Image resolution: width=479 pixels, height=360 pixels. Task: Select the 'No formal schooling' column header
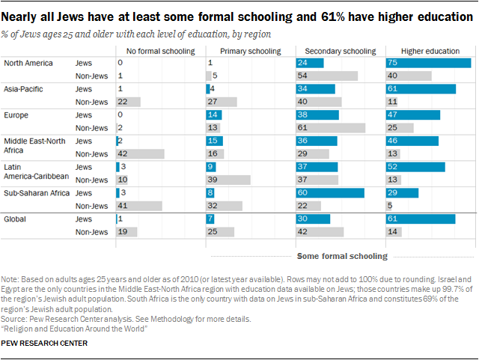coord(160,51)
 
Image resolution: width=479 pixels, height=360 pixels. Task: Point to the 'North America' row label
coord(28,63)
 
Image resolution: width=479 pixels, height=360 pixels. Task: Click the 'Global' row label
coord(16,219)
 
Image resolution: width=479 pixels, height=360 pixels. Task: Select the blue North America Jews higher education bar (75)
coord(428,63)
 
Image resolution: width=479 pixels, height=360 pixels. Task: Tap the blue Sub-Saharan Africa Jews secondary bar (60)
coord(330,192)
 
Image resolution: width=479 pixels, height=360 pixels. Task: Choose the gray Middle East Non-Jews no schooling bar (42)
coord(140,153)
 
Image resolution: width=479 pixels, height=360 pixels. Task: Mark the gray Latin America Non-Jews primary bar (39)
coord(228,180)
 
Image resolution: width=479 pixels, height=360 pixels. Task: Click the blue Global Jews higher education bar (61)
coord(421,219)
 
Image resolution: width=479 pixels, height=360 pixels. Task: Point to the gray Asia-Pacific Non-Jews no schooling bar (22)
coord(128,102)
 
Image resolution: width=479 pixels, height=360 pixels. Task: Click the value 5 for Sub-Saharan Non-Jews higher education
coord(391,205)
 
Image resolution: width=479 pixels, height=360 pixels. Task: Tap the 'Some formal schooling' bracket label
coord(342,256)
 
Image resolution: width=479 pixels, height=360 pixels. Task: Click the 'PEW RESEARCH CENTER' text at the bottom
coord(44,343)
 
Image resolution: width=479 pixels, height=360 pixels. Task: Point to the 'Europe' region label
coord(17,115)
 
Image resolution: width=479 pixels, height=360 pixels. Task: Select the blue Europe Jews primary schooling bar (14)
coord(214,115)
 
